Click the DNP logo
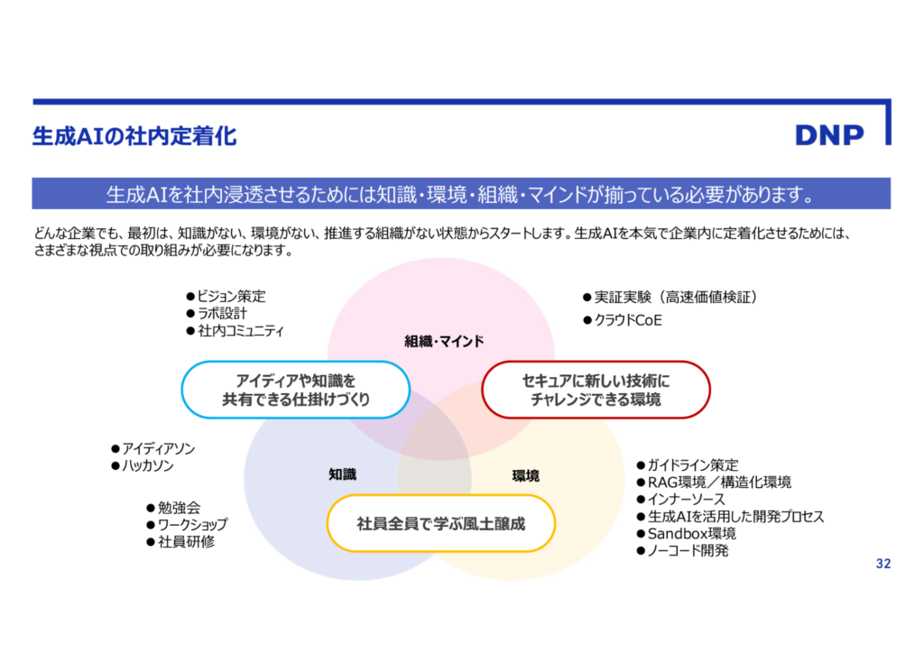tap(829, 134)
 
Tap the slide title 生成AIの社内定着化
tap(134, 136)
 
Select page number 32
tap(882, 564)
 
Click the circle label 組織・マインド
tap(444, 341)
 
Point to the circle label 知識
tap(342, 474)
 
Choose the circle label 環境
tap(525, 475)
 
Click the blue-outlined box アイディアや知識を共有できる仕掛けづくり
tap(296, 390)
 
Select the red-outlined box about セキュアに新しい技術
tap(596, 390)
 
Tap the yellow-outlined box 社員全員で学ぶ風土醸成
tap(440, 523)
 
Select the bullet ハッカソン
tap(147, 466)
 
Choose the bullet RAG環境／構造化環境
tap(719, 482)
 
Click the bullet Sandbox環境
tap(691, 533)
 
